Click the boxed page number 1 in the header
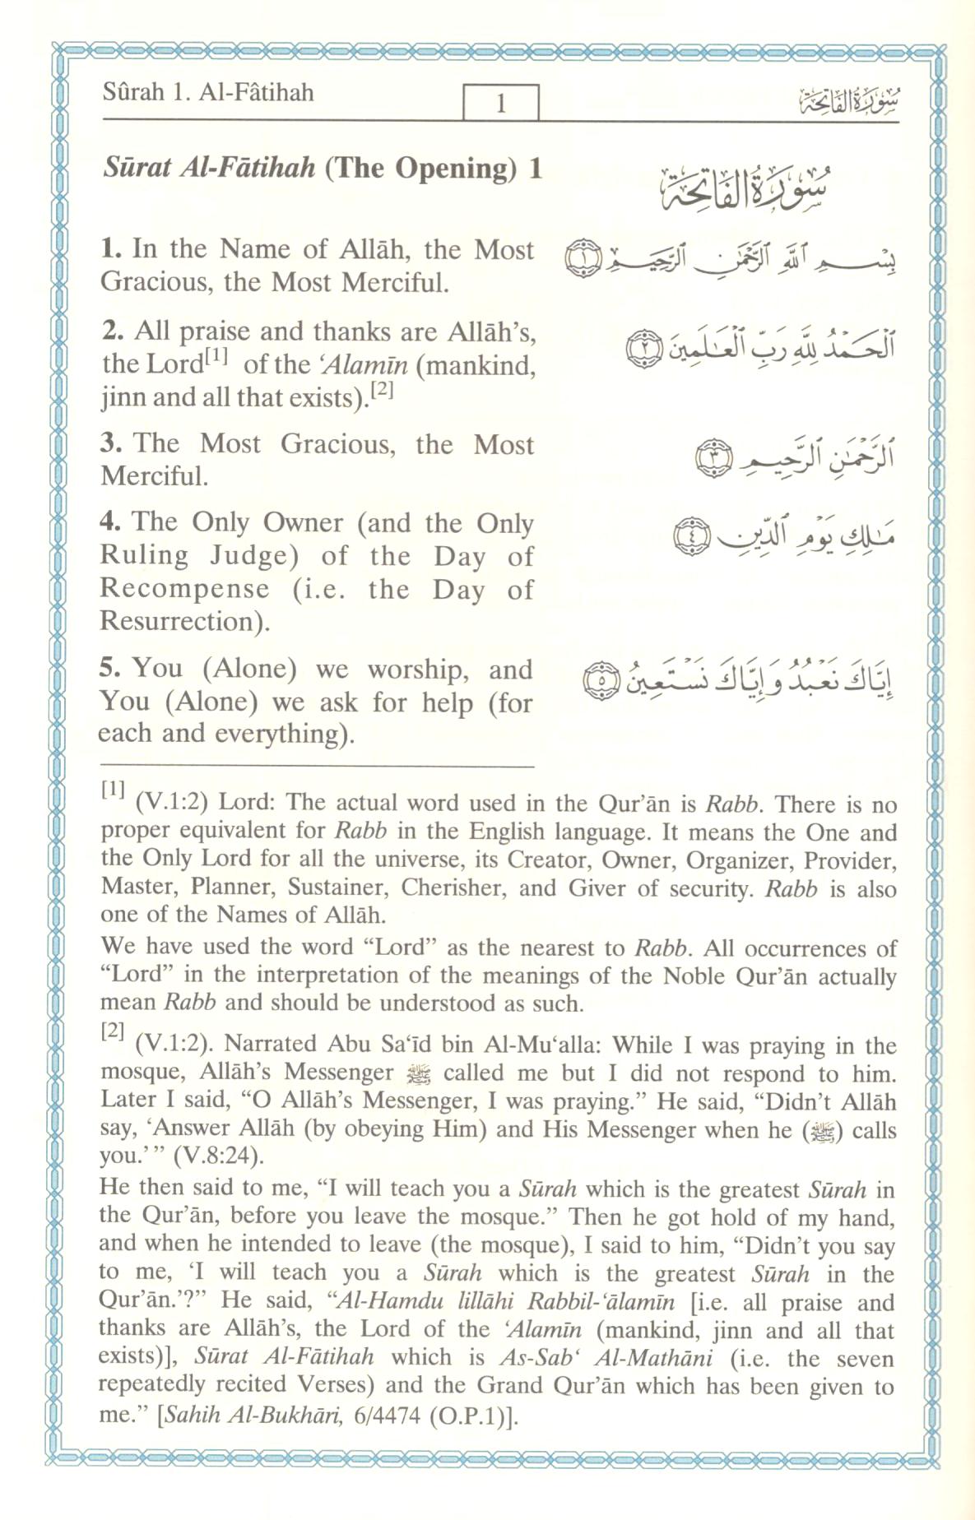[500, 104]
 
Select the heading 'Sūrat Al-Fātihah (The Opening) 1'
[323, 168]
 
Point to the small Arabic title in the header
[848, 103]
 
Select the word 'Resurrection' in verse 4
[179, 621]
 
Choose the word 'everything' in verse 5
[276, 734]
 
